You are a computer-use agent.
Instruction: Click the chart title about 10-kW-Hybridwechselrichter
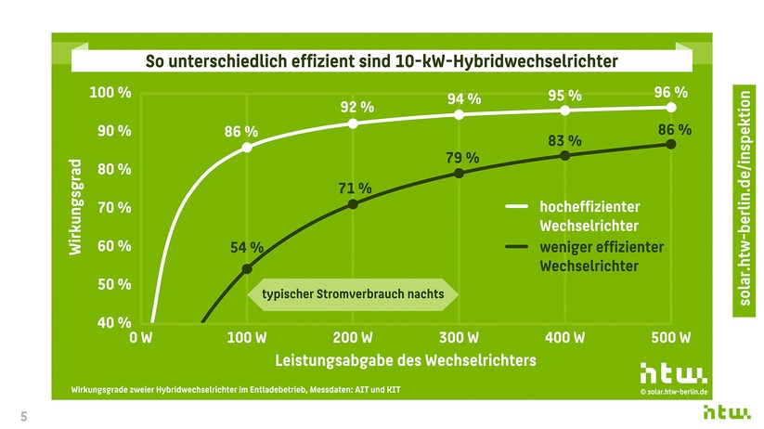pyautogui.click(x=382, y=61)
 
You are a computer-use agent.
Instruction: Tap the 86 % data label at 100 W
pyautogui.click(x=241, y=132)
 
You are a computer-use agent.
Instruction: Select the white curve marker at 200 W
pyautogui.click(x=353, y=123)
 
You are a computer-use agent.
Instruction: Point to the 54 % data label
pyautogui.click(x=247, y=248)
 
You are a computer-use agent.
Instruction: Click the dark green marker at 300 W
pyautogui.click(x=460, y=174)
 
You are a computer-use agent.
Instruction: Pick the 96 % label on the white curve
pyautogui.click(x=670, y=92)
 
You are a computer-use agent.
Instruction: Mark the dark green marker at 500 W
pyautogui.click(x=671, y=144)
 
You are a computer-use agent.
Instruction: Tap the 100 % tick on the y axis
pyautogui.click(x=110, y=93)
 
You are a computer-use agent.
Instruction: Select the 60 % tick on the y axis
pyautogui.click(x=113, y=246)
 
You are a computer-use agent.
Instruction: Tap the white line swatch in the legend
pyautogui.click(x=515, y=207)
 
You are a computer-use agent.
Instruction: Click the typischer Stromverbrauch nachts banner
pyautogui.click(x=353, y=294)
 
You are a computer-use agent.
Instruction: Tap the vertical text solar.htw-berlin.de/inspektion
pyautogui.click(x=745, y=201)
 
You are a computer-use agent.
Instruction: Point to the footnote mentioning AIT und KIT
pyautogui.click(x=237, y=387)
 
